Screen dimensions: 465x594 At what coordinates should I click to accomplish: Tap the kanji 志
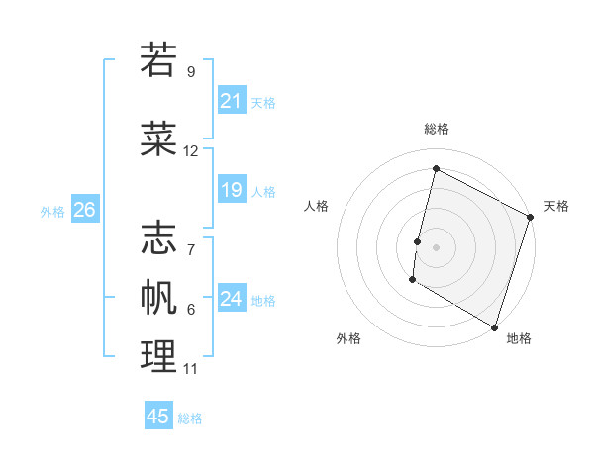click(x=158, y=237)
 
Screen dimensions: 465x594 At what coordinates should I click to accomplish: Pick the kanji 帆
click(x=158, y=296)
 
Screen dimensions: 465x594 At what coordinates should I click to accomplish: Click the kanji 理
click(x=158, y=357)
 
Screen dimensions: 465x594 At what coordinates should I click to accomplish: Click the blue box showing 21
click(x=232, y=101)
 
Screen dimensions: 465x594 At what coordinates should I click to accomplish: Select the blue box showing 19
click(x=232, y=190)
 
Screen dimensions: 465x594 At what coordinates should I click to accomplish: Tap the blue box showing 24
click(x=232, y=299)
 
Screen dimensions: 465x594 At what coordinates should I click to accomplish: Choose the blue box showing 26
click(x=84, y=210)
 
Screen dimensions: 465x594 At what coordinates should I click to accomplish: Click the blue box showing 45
click(x=158, y=417)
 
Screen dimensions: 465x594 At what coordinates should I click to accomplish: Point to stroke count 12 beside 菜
click(x=191, y=151)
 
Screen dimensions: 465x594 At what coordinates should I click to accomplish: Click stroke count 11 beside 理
click(x=190, y=369)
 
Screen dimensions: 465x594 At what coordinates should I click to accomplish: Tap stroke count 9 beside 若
click(x=190, y=72)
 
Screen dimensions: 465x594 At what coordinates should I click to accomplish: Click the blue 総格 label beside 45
click(x=190, y=418)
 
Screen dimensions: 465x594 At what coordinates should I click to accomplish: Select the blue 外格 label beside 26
click(x=52, y=211)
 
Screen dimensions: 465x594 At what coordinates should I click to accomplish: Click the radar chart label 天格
click(x=556, y=206)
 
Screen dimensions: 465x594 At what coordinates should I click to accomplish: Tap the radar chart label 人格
click(x=316, y=206)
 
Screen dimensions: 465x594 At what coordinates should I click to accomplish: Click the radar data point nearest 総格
click(x=436, y=169)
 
